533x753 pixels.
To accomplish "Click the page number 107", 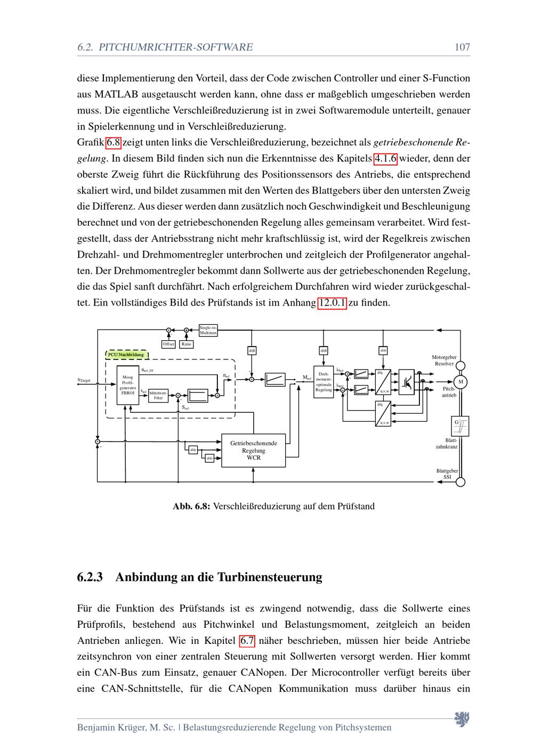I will click(462, 47).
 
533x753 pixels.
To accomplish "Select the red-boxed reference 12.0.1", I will click(332, 303).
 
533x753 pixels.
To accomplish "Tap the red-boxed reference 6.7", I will click(247, 641).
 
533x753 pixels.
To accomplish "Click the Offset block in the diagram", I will click(168, 344).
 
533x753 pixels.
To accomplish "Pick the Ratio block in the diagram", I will click(186, 344).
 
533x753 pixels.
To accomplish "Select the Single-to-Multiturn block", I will click(208, 330).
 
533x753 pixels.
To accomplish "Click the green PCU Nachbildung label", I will click(126, 354).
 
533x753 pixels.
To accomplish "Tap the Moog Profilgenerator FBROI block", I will click(128, 384).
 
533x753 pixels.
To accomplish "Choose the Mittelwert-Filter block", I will click(158, 395).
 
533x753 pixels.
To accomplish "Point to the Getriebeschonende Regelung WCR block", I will click(253, 450).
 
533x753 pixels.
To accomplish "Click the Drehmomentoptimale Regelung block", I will click(324, 382).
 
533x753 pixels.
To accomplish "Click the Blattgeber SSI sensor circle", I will click(461, 482).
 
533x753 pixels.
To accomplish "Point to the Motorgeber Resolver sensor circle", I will click(461, 365).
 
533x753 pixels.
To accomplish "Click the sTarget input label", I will click(84, 381).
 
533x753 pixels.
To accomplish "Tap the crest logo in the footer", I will click(461, 719).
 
